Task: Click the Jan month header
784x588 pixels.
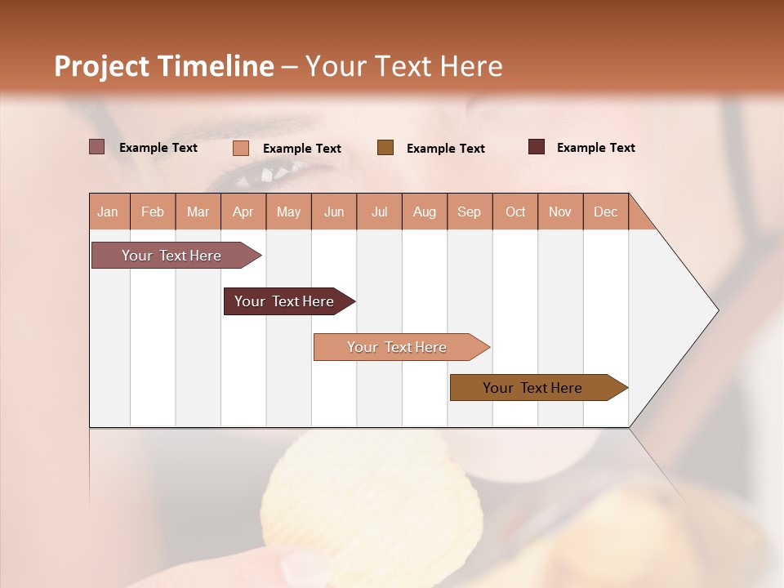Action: pos(109,212)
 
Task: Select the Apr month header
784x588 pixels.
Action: pos(243,212)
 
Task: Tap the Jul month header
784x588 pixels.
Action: pos(379,212)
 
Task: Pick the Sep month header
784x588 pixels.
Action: pos(469,212)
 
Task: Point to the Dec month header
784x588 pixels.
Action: pos(605,212)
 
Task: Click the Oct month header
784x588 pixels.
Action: pos(514,212)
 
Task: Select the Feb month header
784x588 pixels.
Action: pos(153,212)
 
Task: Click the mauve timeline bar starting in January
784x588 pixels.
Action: pos(171,256)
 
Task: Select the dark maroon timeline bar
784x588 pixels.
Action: pos(284,301)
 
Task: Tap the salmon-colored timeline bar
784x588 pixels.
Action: pos(397,347)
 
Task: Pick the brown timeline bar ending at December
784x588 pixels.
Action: pos(532,388)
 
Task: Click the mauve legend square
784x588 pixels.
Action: pos(96,147)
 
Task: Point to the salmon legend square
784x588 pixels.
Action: pos(240,148)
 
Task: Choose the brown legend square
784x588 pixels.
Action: pos(385,148)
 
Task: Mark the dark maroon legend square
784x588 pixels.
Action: pos(536,147)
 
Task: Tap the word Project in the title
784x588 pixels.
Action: pos(101,66)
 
